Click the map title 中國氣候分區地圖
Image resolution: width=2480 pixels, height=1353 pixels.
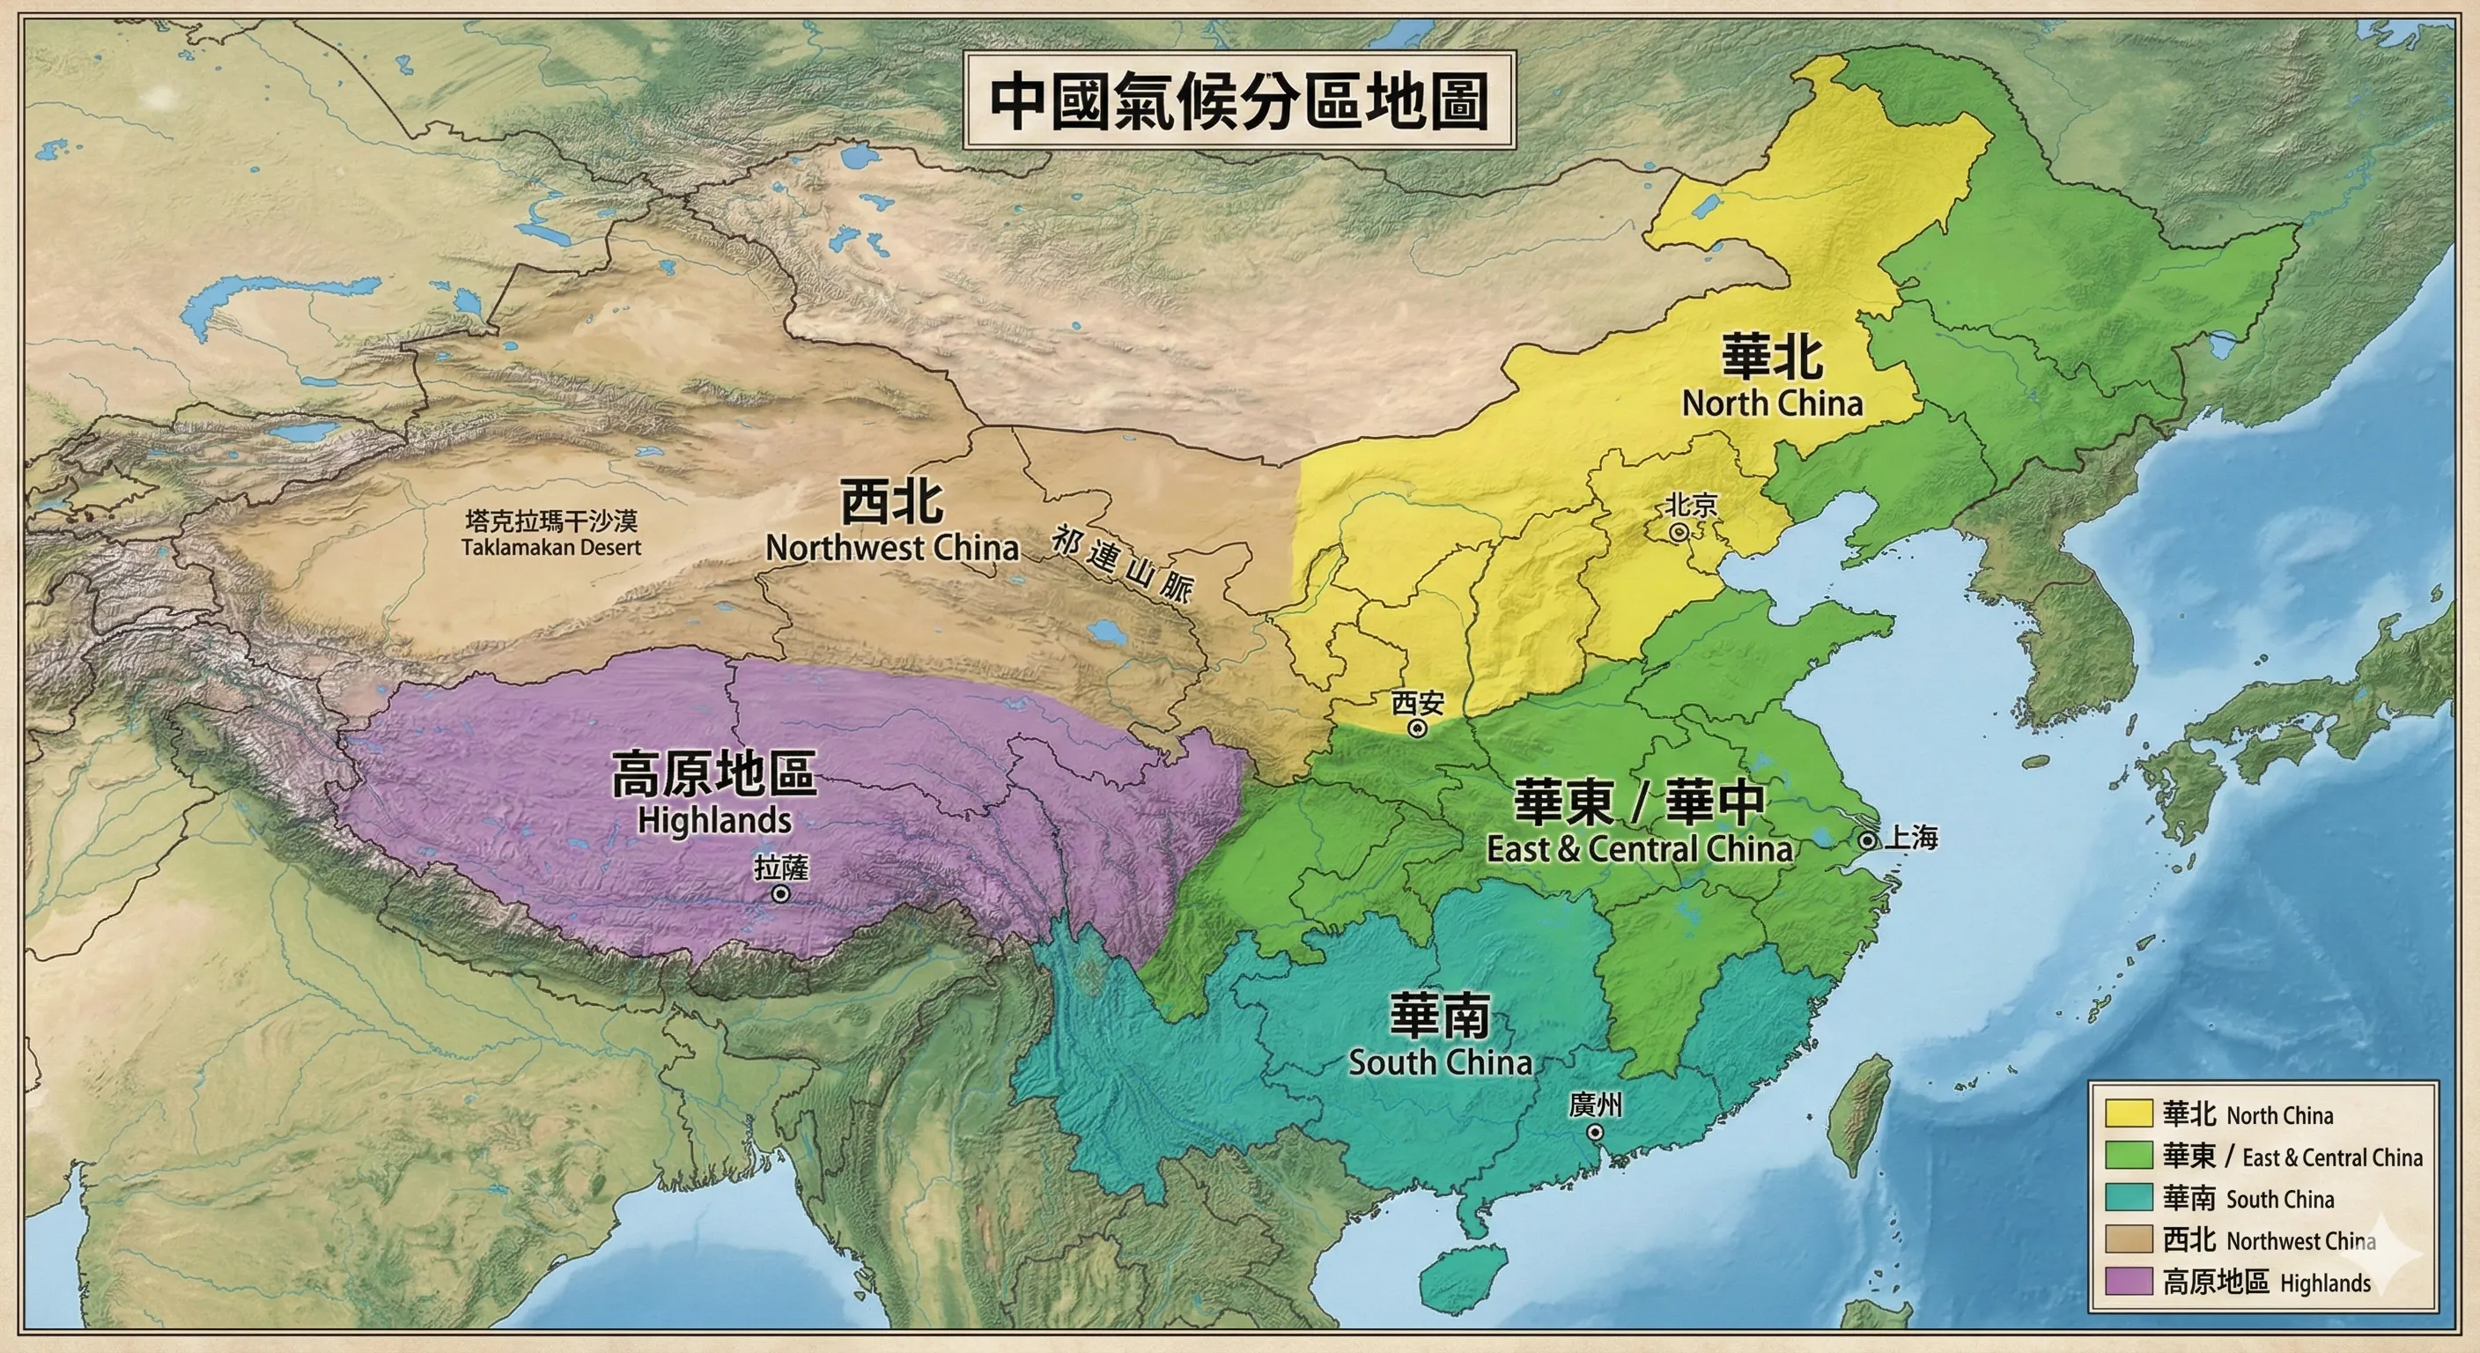click(1240, 101)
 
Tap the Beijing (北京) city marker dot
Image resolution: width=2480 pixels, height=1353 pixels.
click(1678, 531)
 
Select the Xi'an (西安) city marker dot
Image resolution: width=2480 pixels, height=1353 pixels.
click(1416, 729)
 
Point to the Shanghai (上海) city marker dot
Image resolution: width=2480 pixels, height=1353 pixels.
click(1867, 839)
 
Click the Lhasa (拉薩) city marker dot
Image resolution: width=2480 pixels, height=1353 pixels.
click(781, 895)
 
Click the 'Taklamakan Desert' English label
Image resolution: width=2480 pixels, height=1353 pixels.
click(550, 547)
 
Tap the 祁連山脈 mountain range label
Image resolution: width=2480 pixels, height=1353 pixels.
click(1122, 565)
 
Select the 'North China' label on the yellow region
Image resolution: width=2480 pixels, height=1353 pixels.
click(1773, 403)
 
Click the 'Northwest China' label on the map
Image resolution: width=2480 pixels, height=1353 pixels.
click(891, 548)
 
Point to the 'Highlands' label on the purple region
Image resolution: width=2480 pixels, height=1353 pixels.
click(714, 820)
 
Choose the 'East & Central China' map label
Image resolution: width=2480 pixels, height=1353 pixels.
click(1640, 848)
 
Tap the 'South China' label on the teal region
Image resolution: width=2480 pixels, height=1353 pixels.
click(1440, 1062)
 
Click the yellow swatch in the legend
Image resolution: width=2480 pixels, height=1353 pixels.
click(2129, 1113)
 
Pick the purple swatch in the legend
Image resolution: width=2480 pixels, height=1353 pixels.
click(2129, 1281)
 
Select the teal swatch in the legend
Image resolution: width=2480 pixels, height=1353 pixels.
click(2129, 1197)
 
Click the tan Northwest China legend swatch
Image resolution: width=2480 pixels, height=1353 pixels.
click(2129, 1238)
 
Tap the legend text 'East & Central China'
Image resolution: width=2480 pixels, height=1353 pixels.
click(2332, 1157)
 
